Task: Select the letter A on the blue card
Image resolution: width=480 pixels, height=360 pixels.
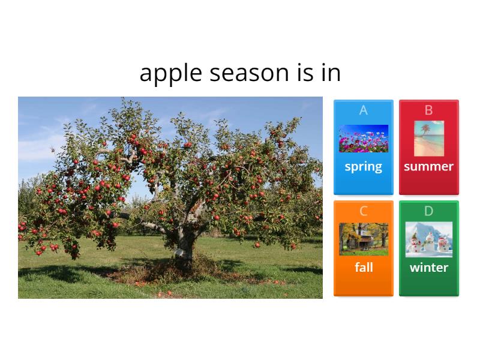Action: click(x=363, y=110)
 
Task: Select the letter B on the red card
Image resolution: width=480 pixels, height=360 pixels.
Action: click(x=428, y=110)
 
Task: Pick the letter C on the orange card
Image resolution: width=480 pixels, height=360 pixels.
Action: click(x=363, y=211)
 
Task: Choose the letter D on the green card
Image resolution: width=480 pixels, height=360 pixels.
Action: click(x=428, y=211)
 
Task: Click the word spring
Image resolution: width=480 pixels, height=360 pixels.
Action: click(x=363, y=166)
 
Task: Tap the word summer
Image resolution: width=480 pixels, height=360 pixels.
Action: click(x=428, y=166)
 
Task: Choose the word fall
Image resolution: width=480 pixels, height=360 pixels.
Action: click(x=364, y=267)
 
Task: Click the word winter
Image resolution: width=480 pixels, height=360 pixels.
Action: click(x=428, y=267)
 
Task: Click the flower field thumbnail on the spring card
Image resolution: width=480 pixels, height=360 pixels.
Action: click(x=363, y=139)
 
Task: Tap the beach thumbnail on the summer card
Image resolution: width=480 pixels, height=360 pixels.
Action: click(x=428, y=139)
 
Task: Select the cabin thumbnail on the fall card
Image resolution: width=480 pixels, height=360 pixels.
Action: click(x=363, y=239)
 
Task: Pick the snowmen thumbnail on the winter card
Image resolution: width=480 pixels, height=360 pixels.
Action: click(x=428, y=239)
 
